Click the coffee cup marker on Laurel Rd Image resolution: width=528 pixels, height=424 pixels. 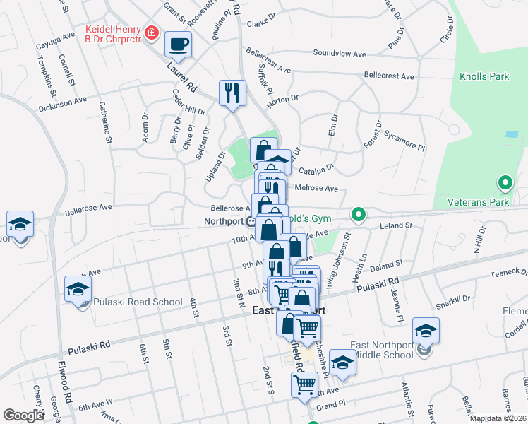click(178, 44)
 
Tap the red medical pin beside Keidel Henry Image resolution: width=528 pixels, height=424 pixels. click(151, 33)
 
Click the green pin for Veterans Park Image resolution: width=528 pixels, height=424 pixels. click(505, 184)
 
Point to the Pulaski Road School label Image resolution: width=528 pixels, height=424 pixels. click(137, 301)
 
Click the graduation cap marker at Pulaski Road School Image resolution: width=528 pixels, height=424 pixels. click(78, 289)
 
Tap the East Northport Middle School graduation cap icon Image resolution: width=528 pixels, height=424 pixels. click(426, 330)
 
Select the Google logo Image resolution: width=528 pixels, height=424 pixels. click(23, 416)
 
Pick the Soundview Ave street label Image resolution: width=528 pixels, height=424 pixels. click(340, 53)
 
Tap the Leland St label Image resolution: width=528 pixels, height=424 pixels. click(395, 225)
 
